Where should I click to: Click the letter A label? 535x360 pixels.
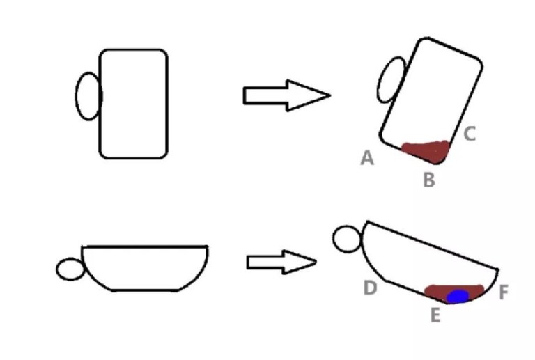(367, 158)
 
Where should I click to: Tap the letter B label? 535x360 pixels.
(429, 180)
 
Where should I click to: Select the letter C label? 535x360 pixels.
(470, 134)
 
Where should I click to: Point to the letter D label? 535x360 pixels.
(370, 288)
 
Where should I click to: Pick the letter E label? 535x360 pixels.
(435, 315)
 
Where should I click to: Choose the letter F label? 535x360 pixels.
(504, 292)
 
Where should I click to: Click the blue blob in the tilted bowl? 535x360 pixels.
(458, 296)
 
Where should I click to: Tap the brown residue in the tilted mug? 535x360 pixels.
(427, 151)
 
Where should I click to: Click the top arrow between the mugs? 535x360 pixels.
(286, 95)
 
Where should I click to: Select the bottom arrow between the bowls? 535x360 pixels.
(281, 262)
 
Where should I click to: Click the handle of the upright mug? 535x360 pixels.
(76, 97)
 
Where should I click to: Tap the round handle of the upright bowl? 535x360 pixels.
(56, 269)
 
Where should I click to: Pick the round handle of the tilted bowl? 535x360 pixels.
(334, 239)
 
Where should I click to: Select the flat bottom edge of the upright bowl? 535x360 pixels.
(145, 290)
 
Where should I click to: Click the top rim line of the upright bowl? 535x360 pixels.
(145, 246)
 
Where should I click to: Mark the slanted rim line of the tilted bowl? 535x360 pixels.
(433, 246)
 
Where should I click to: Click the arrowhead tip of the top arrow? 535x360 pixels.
(330, 95)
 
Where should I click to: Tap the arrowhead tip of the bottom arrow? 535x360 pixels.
(316, 262)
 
